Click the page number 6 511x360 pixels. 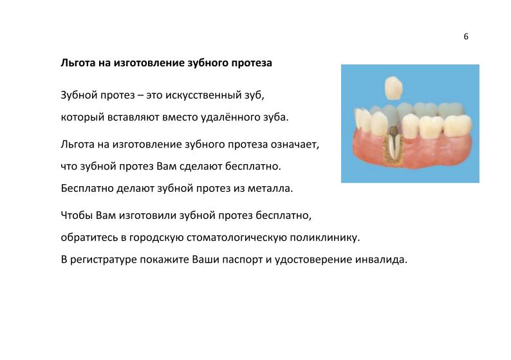point(466,37)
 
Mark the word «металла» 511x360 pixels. point(271,189)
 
